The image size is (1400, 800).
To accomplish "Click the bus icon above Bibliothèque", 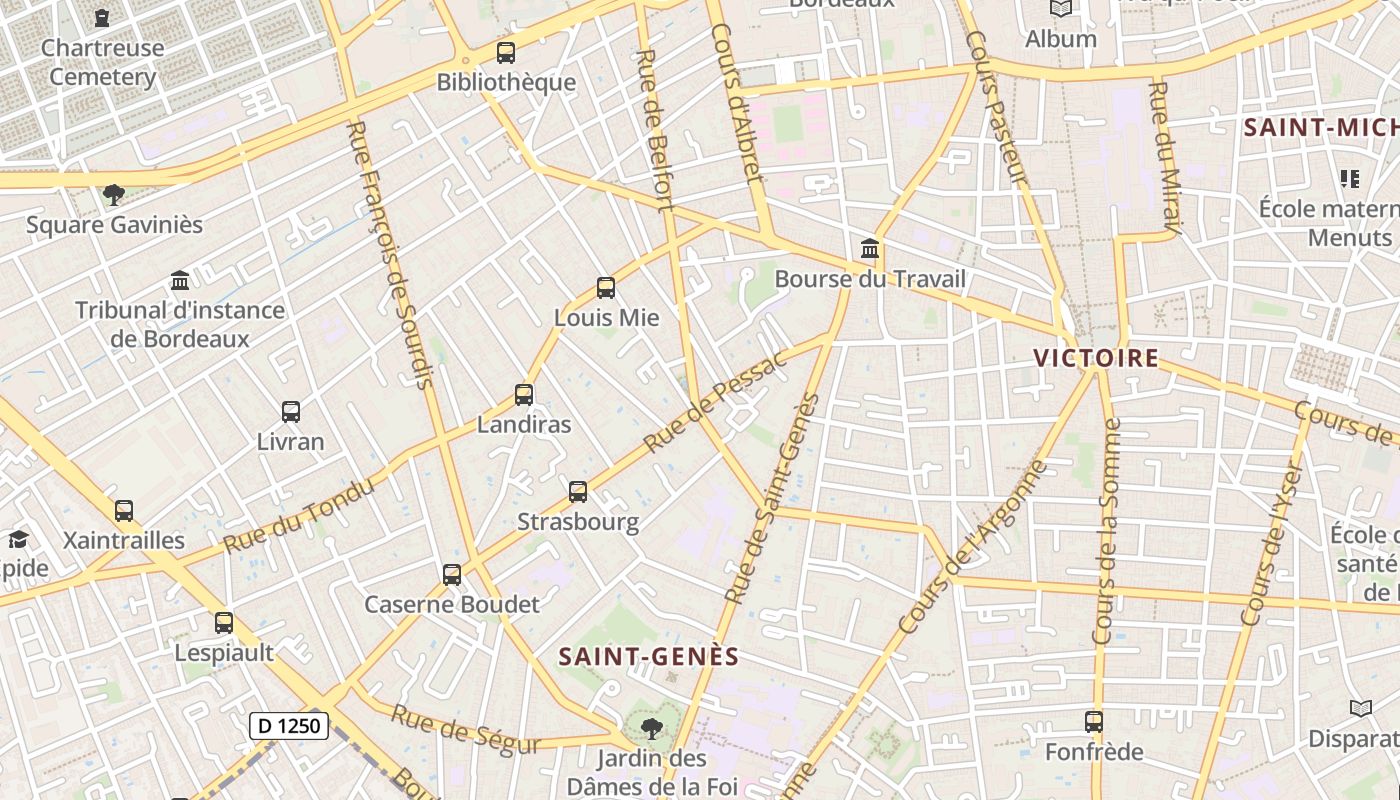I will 506,52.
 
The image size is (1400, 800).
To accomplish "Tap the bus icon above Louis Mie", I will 605,288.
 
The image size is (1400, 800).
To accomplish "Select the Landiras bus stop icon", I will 524,394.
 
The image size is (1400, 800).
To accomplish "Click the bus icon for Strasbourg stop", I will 578,492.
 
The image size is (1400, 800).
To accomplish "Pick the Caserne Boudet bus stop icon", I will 452,575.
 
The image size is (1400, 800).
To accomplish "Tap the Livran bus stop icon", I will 291,411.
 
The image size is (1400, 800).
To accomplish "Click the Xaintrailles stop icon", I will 124,511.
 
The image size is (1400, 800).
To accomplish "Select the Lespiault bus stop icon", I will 224,623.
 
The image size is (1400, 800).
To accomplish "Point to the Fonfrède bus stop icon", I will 1094,721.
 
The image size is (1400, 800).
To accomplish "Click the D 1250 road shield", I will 289,726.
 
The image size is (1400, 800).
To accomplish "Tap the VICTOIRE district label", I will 1096,358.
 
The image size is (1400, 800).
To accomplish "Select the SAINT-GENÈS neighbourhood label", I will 649,657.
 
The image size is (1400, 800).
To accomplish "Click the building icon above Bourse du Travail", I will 870,248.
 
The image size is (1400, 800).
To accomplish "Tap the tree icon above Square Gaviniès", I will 114,194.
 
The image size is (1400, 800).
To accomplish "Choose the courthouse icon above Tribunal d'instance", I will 180,280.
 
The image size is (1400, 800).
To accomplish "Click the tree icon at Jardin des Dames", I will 652,727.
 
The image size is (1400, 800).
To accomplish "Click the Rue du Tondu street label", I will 299,516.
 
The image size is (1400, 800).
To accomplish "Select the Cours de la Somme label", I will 1108,532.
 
